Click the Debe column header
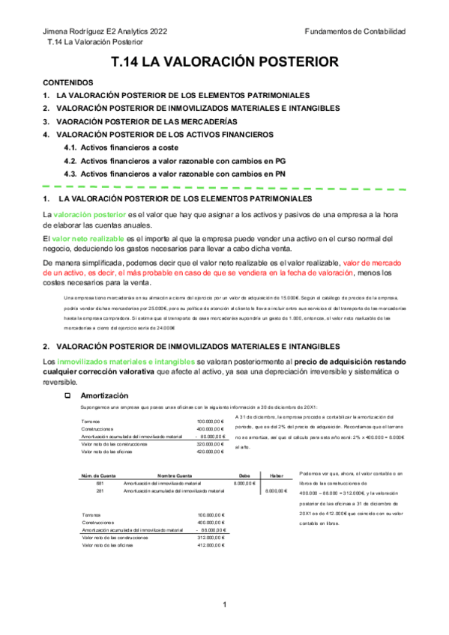pyautogui.click(x=244, y=475)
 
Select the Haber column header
pyautogui.click(x=276, y=475)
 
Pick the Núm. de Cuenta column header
pyautogui.click(x=98, y=475)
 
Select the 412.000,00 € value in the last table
pyautogui.click(x=211, y=545)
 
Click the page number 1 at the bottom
pyautogui.click(x=224, y=604)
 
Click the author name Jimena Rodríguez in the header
pyautogui.click(x=75, y=31)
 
